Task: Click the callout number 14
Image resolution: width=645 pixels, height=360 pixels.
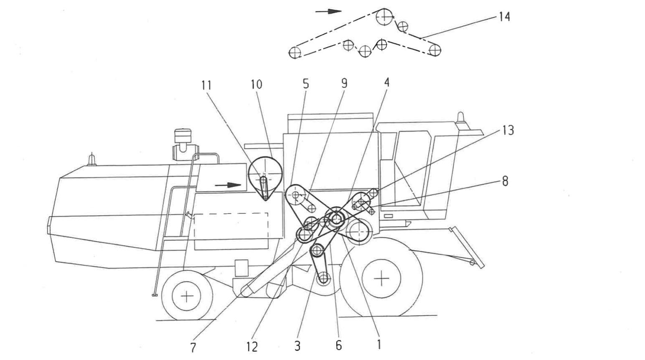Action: point(504,17)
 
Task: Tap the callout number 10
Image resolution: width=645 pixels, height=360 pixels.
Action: point(256,84)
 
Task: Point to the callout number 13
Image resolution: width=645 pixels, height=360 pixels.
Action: point(508,130)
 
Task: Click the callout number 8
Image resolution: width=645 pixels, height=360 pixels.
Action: point(505,181)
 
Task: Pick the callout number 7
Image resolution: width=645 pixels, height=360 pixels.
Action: point(193,347)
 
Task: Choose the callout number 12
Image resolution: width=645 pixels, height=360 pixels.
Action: point(252,347)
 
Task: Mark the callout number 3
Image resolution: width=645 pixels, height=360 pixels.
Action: point(297,346)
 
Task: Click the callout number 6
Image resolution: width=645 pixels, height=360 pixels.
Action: point(338,345)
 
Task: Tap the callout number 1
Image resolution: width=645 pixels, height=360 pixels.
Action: point(378,345)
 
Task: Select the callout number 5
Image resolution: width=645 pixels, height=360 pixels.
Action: point(306,84)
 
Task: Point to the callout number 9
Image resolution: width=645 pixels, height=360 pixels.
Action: point(344,83)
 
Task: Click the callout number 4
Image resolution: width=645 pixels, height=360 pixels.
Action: point(387,82)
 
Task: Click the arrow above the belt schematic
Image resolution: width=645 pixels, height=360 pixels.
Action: point(328,11)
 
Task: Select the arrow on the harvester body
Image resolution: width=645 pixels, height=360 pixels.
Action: point(229,185)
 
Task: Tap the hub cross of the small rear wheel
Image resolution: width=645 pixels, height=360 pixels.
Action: point(187,296)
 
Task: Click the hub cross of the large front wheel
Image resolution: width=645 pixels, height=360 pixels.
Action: point(381,278)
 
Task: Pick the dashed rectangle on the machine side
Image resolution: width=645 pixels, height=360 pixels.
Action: point(231,231)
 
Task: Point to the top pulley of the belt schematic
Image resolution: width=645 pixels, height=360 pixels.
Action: point(383,17)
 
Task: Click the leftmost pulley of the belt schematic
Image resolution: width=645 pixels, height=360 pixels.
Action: point(295,53)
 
